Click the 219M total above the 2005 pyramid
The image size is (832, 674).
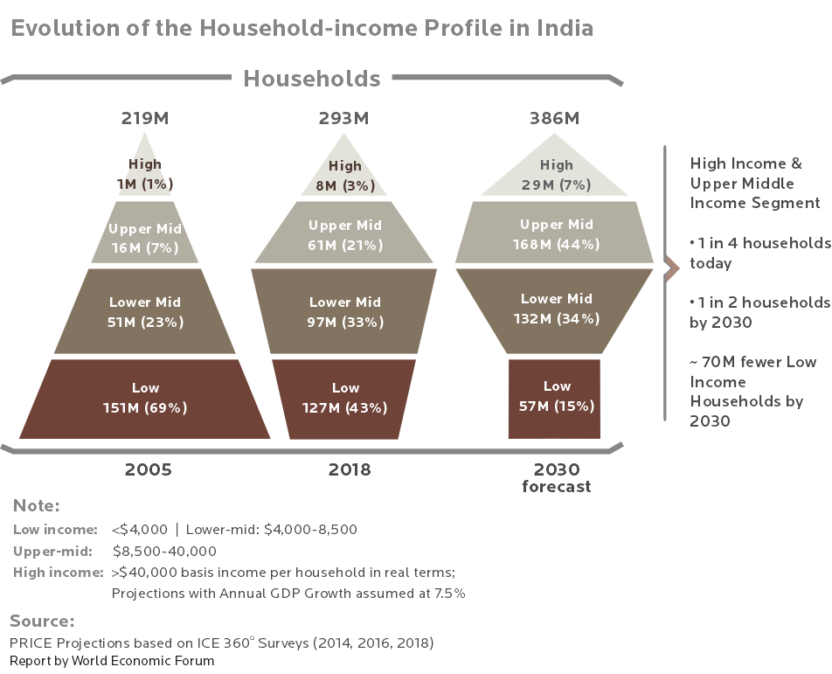point(145,118)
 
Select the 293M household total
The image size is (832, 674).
point(343,118)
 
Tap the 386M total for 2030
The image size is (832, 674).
point(554,118)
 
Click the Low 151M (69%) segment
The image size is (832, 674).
point(145,400)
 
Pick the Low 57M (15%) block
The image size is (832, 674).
point(554,400)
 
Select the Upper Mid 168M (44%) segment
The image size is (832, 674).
point(554,233)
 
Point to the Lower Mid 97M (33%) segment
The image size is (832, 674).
point(343,311)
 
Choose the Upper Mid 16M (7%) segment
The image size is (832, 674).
point(145,233)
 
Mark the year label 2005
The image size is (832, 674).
point(148,469)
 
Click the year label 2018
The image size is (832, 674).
point(350,469)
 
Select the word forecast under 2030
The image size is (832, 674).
point(556,487)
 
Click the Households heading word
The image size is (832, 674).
point(312,79)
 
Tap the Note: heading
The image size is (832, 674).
point(36,505)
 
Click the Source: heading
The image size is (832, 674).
point(42,621)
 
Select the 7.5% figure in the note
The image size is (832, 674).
point(450,593)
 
